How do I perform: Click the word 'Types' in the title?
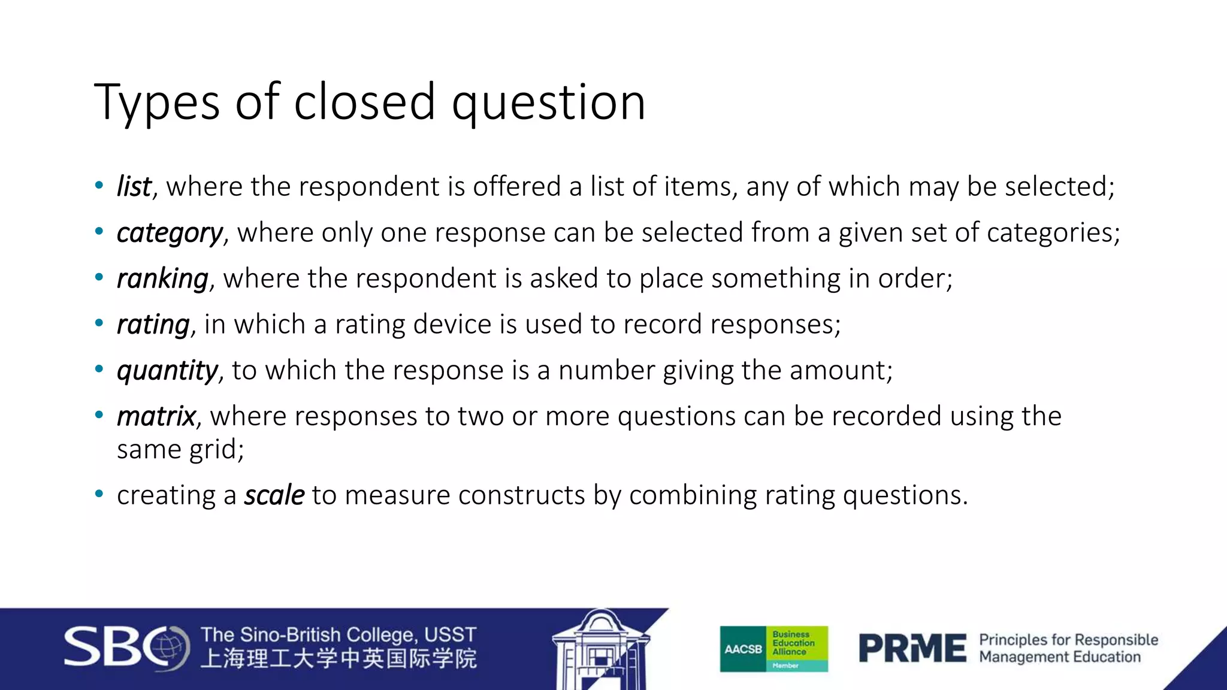click(x=156, y=103)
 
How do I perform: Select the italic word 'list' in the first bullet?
click(x=134, y=187)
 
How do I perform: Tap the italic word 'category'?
click(x=170, y=233)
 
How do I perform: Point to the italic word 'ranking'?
click(x=162, y=279)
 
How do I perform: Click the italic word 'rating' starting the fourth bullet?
click(x=153, y=325)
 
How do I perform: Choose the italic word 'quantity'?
click(x=167, y=371)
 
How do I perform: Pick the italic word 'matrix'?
click(x=156, y=416)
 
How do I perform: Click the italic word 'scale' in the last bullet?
click(x=274, y=495)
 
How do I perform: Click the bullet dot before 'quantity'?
click(x=99, y=369)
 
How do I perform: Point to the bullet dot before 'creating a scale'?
click(x=99, y=494)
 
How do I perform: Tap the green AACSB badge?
click(x=773, y=649)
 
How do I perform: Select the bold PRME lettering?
click(x=912, y=649)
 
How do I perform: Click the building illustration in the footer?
click(x=599, y=650)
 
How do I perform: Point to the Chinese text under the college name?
click(x=339, y=659)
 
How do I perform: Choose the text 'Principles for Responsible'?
click(x=1068, y=640)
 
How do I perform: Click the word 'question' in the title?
click(x=548, y=103)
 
